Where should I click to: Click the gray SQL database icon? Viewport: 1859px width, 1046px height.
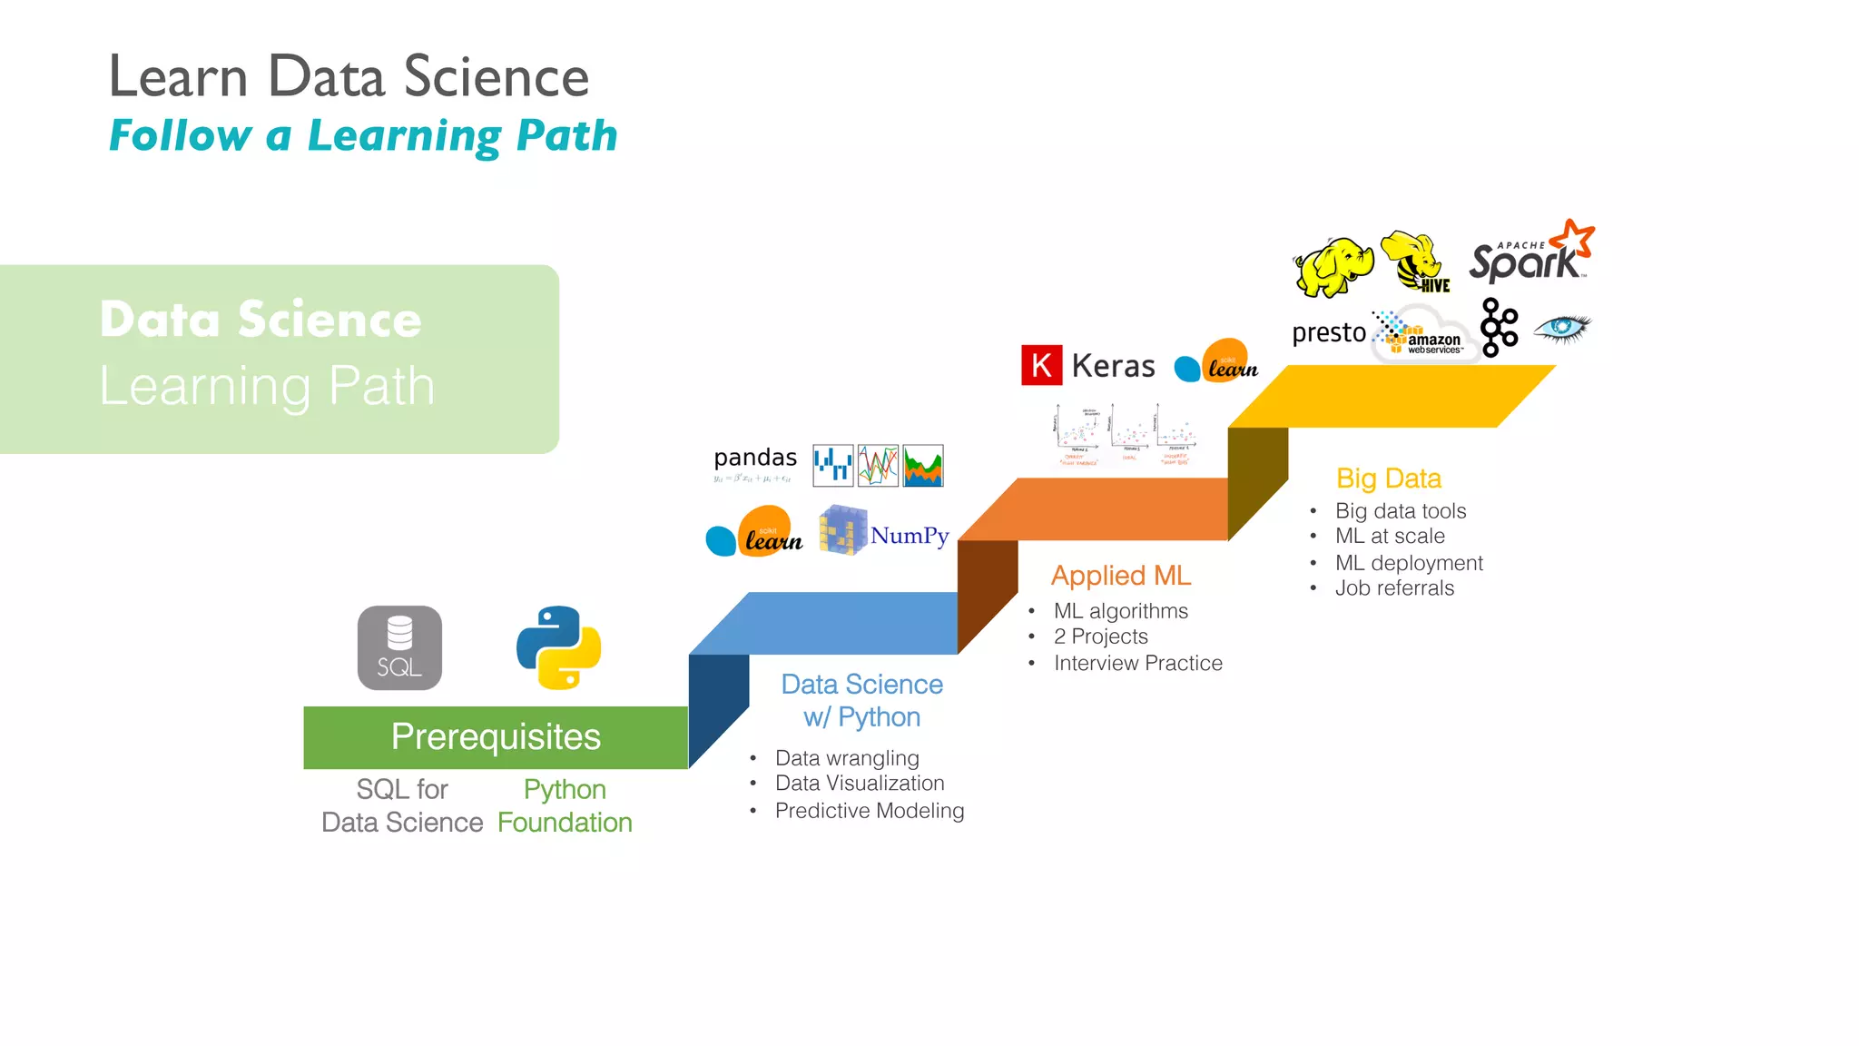click(399, 647)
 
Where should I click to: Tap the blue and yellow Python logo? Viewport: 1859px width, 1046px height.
click(558, 647)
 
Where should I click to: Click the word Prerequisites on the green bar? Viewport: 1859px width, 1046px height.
click(496, 736)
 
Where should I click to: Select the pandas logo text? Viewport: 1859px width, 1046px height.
click(755, 458)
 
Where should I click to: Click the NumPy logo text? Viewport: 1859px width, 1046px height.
click(909, 536)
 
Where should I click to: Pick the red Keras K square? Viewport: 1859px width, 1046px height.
click(1041, 365)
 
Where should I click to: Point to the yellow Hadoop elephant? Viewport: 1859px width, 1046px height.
click(1332, 267)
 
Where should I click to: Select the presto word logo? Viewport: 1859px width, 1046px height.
click(1328, 332)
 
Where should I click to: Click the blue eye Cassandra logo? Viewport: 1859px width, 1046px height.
click(1562, 328)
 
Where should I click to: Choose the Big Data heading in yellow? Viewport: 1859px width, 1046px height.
click(1388, 478)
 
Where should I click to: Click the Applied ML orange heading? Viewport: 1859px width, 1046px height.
click(1120, 576)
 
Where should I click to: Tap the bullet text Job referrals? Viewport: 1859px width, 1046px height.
click(1394, 588)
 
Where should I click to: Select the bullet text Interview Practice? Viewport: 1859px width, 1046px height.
click(1137, 663)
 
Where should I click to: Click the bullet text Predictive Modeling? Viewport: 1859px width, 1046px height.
click(869, 811)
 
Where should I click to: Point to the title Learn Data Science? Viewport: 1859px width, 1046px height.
click(349, 76)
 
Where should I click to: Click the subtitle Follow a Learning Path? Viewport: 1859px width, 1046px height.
click(363, 136)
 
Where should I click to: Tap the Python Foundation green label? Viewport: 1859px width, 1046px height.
click(565, 806)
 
